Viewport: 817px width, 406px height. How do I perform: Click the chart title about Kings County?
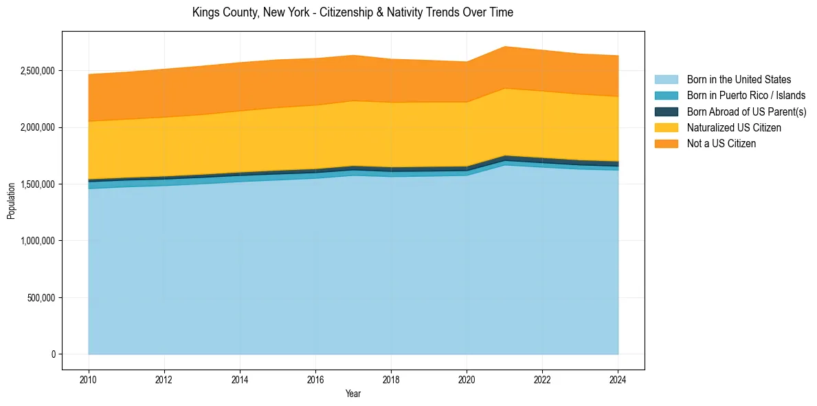coord(352,12)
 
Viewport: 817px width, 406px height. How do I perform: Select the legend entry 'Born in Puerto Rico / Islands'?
coord(746,96)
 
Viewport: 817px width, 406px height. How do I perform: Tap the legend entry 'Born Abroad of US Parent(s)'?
coord(746,111)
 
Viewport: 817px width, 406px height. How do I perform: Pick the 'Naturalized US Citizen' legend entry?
coord(734,128)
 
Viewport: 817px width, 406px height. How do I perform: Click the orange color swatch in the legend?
coord(666,144)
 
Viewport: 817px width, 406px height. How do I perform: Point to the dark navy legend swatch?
coord(666,111)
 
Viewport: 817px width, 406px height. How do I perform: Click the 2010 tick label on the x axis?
coord(89,379)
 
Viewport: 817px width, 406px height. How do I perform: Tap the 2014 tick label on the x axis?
coord(240,379)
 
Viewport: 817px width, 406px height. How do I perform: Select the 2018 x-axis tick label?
coord(391,379)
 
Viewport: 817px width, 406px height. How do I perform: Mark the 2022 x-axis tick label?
coord(542,379)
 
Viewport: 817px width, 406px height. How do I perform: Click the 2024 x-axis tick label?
coord(618,379)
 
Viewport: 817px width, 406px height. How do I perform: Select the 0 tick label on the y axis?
coord(53,354)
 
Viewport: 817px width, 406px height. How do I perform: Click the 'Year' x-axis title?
coord(353,394)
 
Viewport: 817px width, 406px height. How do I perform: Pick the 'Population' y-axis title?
coord(11,201)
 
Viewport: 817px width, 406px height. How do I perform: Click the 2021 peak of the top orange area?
coord(504,47)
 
